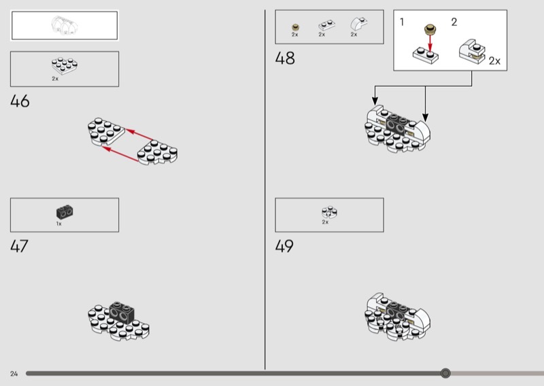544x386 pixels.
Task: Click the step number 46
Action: pos(20,101)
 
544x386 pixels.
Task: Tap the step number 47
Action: pos(19,246)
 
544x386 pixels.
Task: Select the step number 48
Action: pos(285,58)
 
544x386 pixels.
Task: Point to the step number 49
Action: pos(284,246)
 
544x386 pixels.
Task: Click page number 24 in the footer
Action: pos(14,374)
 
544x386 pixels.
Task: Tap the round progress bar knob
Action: pos(445,373)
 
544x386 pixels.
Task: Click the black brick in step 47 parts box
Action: pos(65,211)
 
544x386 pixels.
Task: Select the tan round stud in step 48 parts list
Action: pos(295,27)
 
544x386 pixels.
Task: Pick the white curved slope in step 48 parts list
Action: pos(359,24)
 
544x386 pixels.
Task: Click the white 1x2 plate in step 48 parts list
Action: pos(326,26)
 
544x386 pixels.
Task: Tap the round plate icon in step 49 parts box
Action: pos(329,212)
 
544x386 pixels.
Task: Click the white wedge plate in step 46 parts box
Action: pos(65,66)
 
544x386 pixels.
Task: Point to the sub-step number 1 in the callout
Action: pos(402,22)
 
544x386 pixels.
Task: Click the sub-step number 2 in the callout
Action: pos(454,22)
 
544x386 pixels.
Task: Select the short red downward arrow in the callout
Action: pos(430,43)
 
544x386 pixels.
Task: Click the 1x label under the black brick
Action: pos(59,224)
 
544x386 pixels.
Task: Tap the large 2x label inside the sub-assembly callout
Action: pos(494,61)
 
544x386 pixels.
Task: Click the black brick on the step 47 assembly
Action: pos(122,312)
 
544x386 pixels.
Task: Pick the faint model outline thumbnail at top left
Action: pos(65,25)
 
